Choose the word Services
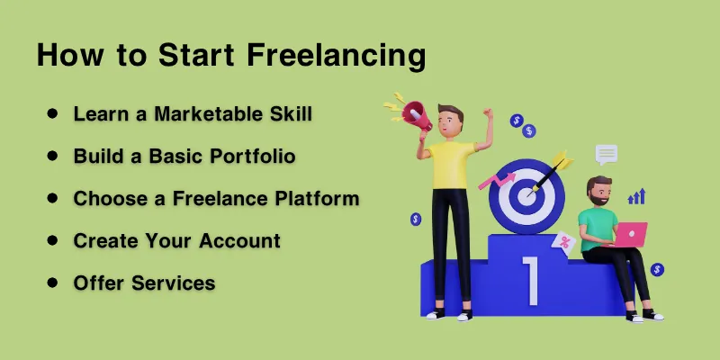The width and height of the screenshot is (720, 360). (170, 283)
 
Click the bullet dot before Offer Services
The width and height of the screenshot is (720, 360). (52, 283)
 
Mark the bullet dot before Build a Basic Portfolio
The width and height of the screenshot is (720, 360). (52, 156)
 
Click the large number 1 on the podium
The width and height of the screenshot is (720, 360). (531, 280)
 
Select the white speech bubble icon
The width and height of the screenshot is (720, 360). (607, 154)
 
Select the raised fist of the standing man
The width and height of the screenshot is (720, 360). (487, 114)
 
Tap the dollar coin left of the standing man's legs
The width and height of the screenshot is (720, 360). (415, 218)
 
